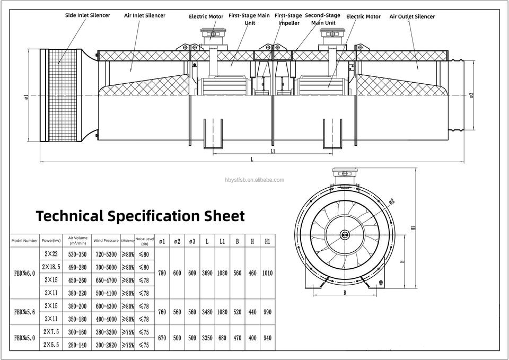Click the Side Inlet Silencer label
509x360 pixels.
[87, 15]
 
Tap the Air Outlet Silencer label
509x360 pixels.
[412, 16]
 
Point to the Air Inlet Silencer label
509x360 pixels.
[144, 15]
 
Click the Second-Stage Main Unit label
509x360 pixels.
[322, 19]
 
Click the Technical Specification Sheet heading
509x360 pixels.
[140, 216]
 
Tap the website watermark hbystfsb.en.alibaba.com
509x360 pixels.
[254, 180]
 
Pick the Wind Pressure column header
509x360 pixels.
[106, 240]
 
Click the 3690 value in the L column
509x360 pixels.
[207, 273]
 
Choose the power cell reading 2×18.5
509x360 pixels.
[51, 267]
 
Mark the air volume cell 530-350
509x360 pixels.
[77, 254]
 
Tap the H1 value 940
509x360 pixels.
[267, 338]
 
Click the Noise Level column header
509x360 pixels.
[144, 241]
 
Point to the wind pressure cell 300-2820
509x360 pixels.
[106, 345]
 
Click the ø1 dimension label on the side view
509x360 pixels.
[26, 96]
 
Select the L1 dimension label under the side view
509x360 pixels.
[272, 151]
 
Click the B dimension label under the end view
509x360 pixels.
[345, 292]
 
